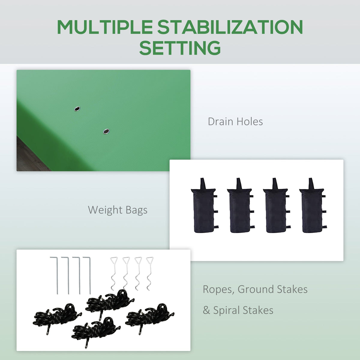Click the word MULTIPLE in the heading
pos(105,27)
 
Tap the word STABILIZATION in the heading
pos(230,27)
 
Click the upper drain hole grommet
pos(77,109)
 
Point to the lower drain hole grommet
pos(106,131)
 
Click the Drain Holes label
pos(235,121)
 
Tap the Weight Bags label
pos(118,210)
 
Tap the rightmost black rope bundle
pos(149,317)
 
